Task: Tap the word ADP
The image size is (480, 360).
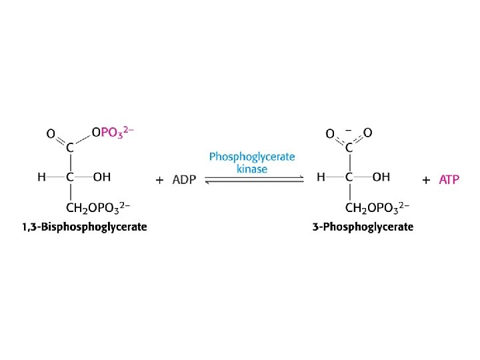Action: pyautogui.click(x=184, y=180)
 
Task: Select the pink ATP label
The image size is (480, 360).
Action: pyautogui.click(x=449, y=180)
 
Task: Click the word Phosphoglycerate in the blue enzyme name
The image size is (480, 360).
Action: pyautogui.click(x=252, y=157)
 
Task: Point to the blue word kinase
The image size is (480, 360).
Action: pyautogui.click(x=252, y=169)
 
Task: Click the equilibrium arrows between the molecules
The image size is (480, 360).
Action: pyautogui.click(x=253, y=179)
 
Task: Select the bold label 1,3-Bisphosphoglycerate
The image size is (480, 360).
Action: pyautogui.click(x=85, y=227)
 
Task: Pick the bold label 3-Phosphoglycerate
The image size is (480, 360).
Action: pyautogui.click(x=363, y=227)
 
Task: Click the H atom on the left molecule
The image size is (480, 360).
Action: pyautogui.click(x=41, y=177)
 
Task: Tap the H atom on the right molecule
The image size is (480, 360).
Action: pyautogui.click(x=321, y=177)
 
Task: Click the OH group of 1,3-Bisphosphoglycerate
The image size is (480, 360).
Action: pyautogui.click(x=102, y=177)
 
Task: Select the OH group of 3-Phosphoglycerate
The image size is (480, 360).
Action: pyautogui.click(x=381, y=177)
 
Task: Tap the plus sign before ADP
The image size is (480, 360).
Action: pyautogui.click(x=159, y=180)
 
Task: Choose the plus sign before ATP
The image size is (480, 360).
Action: pyautogui.click(x=426, y=180)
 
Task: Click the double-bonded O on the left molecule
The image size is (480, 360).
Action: pyautogui.click(x=50, y=133)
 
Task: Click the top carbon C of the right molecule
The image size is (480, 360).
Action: pyautogui.click(x=349, y=149)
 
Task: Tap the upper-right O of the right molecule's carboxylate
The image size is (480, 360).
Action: pyautogui.click(x=368, y=133)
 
